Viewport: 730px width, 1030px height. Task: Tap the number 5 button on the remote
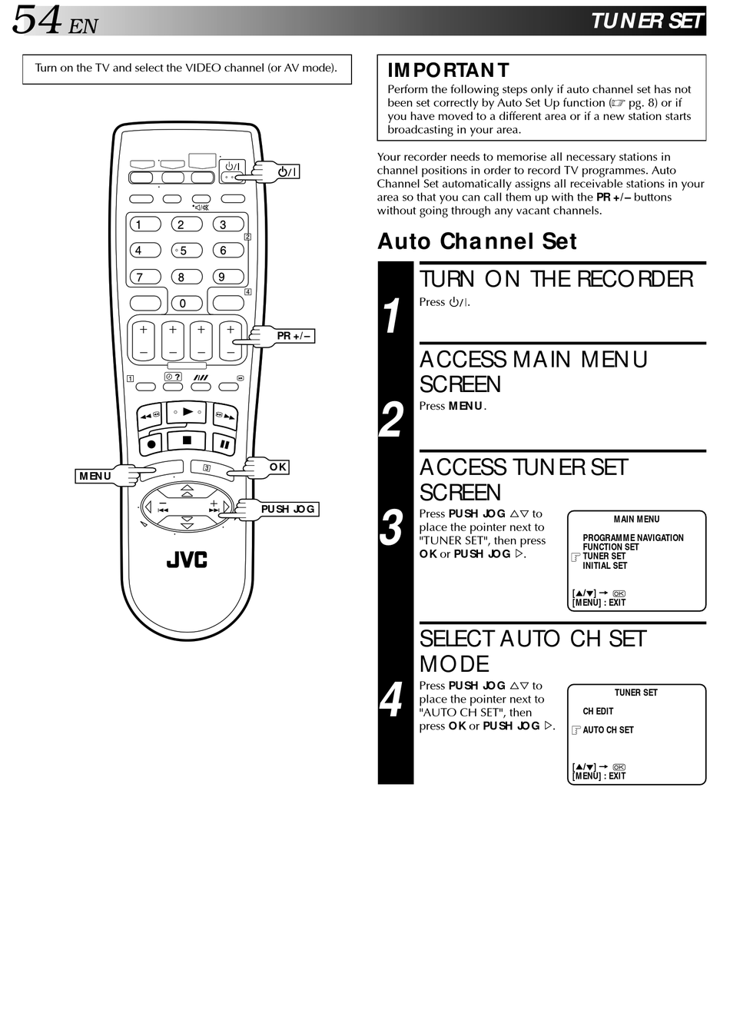pyautogui.click(x=185, y=251)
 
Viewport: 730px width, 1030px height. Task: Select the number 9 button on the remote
pyautogui.click(x=223, y=277)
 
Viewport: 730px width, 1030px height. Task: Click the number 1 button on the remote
pyautogui.click(x=142, y=224)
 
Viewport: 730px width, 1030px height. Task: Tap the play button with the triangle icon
pyautogui.click(x=187, y=413)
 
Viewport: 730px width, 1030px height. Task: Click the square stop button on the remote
pyautogui.click(x=187, y=440)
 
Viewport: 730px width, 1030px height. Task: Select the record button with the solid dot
pyautogui.click(x=151, y=444)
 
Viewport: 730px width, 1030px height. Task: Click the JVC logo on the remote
pyautogui.click(x=187, y=560)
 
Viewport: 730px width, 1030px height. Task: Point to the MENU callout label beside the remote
pyautogui.click(x=95, y=476)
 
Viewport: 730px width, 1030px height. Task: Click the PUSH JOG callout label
pyautogui.click(x=288, y=509)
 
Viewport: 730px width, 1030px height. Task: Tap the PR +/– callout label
pyautogui.click(x=294, y=336)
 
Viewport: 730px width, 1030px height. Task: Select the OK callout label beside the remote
pyautogui.click(x=278, y=467)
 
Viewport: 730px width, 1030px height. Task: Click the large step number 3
pyautogui.click(x=392, y=528)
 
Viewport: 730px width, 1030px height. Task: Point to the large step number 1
pyautogui.click(x=392, y=316)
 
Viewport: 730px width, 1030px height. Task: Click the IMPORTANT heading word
pyautogui.click(x=448, y=71)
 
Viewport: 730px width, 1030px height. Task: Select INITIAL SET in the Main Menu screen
pyautogui.click(x=605, y=566)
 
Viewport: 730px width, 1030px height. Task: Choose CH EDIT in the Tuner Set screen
pyautogui.click(x=598, y=712)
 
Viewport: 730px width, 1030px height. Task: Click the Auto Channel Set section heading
pyautogui.click(x=476, y=241)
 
